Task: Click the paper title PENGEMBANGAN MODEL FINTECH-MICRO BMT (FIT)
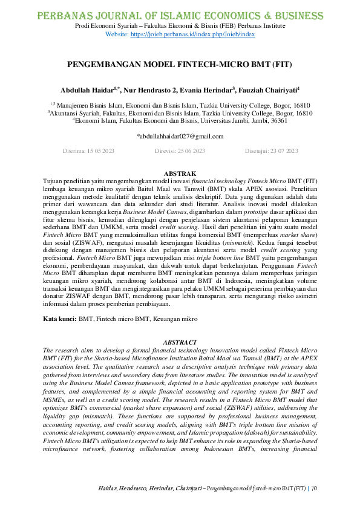tap(180, 63)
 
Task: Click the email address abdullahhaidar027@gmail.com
tap(180, 136)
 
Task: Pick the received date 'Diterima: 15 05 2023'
tap(89, 151)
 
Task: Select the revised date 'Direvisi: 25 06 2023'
tap(180, 151)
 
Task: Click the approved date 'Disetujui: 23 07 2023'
tap(271, 151)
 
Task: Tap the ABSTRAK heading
tap(180, 174)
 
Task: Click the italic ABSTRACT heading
tap(180, 342)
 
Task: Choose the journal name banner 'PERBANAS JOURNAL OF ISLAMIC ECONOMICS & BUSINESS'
tap(180, 15)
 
